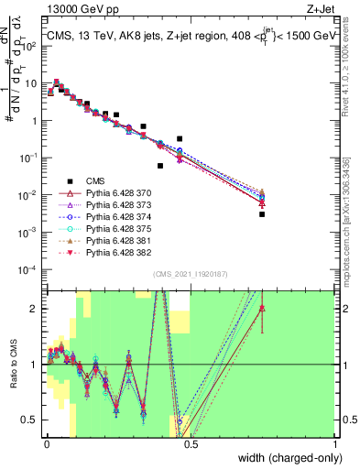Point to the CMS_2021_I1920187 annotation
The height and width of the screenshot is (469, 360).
[190, 275]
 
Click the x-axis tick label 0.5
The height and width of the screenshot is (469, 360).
[191, 444]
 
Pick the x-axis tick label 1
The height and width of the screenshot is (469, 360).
[336, 444]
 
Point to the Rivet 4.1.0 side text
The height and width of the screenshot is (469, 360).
[350, 64]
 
